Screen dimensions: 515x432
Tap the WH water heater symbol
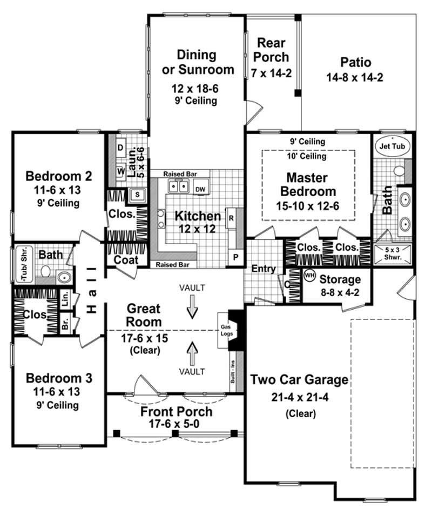[x=309, y=275]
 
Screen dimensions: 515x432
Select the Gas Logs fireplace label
[x=225, y=331]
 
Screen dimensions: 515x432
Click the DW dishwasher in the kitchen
[x=199, y=189]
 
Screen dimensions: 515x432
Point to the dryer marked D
[x=120, y=148]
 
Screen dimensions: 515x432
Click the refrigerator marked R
[x=231, y=218]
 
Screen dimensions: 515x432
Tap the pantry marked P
[x=235, y=257]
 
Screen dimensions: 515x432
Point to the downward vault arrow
[x=192, y=310]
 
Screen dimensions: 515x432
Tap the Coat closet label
[x=125, y=260]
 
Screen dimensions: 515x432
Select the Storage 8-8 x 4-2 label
[x=340, y=285]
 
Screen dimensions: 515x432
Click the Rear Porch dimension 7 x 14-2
[x=271, y=73]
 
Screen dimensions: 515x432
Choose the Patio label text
[x=354, y=61]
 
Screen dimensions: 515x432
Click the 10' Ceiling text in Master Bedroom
[x=308, y=157]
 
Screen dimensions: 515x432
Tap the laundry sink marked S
[x=137, y=194]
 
